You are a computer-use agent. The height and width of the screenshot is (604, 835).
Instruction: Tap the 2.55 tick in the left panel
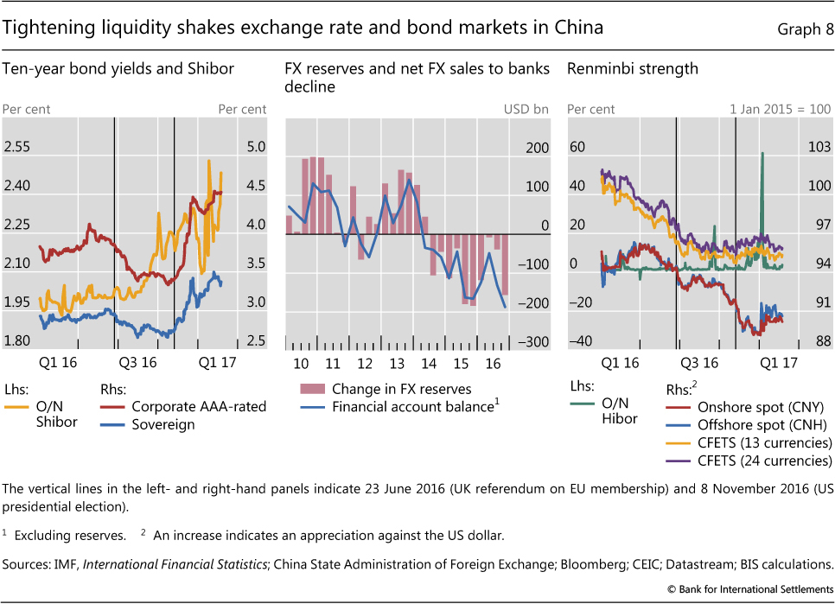click(17, 148)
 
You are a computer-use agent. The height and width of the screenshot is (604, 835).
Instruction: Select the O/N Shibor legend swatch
click(17, 406)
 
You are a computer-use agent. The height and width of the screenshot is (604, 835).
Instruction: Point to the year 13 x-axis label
click(395, 363)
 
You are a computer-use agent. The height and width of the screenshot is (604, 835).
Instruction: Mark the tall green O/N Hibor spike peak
click(762, 154)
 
